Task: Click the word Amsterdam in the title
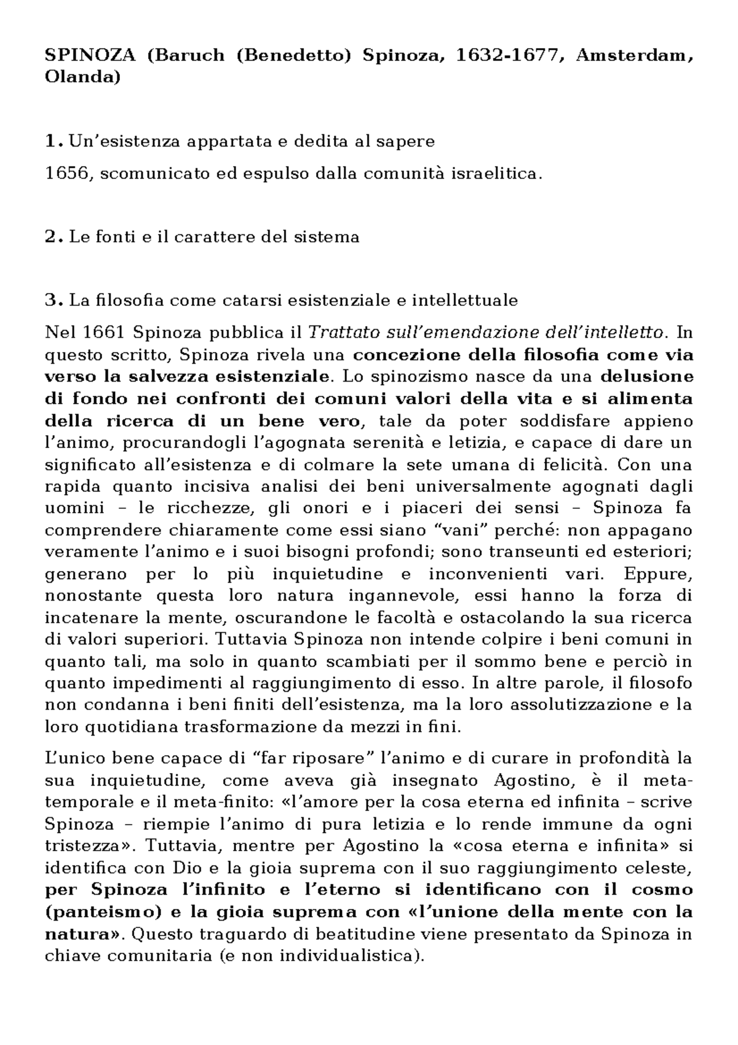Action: (633, 56)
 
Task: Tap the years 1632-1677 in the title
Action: (508, 56)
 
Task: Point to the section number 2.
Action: (52, 237)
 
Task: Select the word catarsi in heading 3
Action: (253, 301)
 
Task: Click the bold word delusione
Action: (646, 377)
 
